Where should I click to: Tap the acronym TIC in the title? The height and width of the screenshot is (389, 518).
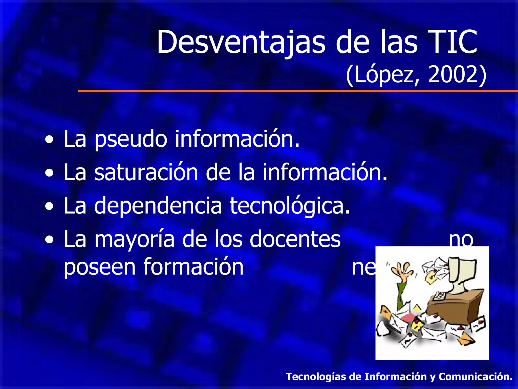click(449, 42)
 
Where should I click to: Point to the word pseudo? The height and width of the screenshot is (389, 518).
click(131, 139)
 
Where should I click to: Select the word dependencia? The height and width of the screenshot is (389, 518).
click(158, 206)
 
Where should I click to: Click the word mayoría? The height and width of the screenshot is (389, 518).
click(134, 240)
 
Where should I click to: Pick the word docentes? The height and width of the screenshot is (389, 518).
click(295, 239)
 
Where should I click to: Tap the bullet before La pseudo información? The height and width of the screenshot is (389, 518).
click(49, 140)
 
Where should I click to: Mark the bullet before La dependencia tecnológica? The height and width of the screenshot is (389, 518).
click(49, 206)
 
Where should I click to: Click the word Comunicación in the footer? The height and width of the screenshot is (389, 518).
click(475, 377)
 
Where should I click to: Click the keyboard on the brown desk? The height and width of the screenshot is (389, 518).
click(440, 295)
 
